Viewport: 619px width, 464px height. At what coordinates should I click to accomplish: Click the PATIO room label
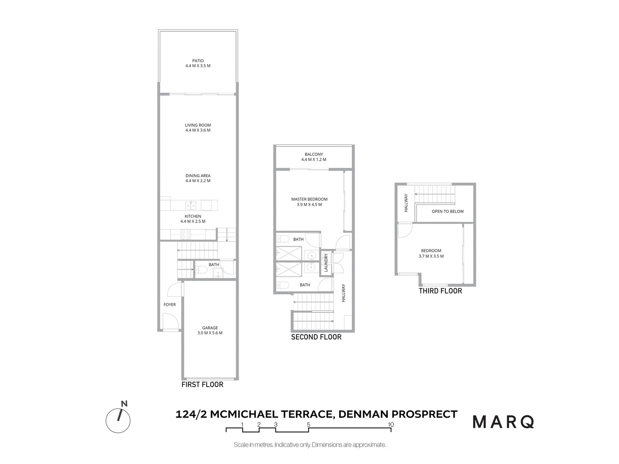coord(198,61)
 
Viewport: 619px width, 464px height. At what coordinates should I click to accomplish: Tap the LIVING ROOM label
coord(198,125)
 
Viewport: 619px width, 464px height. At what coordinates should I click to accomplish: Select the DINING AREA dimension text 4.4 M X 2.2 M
coord(198,181)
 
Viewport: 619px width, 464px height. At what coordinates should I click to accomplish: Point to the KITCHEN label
coord(193,217)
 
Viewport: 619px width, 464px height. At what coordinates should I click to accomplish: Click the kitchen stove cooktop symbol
coord(186,235)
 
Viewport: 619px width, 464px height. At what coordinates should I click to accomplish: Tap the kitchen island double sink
coord(191,205)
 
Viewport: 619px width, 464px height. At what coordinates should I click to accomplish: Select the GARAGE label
coord(210,328)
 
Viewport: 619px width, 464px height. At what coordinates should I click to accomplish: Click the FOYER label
coord(169,305)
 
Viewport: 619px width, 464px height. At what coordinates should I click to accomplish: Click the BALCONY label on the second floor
coord(314,154)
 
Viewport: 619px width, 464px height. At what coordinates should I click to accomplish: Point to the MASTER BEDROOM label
coord(309,199)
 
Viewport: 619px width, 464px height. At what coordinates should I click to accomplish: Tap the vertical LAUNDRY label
coord(326,263)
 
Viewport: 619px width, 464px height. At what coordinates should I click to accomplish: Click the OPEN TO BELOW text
coord(447,211)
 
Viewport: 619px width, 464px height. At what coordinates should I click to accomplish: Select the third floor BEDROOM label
coord(431,251)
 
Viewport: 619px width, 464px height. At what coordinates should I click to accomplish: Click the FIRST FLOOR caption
coord(202,385)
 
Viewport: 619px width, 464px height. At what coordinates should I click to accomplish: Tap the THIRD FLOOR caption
coord(440,291)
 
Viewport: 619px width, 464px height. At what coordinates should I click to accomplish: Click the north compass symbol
coord(118,420)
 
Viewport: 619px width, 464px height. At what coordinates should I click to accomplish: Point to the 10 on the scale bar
coord(391,424)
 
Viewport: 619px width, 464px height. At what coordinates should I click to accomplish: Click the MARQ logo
coord(503,422)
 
